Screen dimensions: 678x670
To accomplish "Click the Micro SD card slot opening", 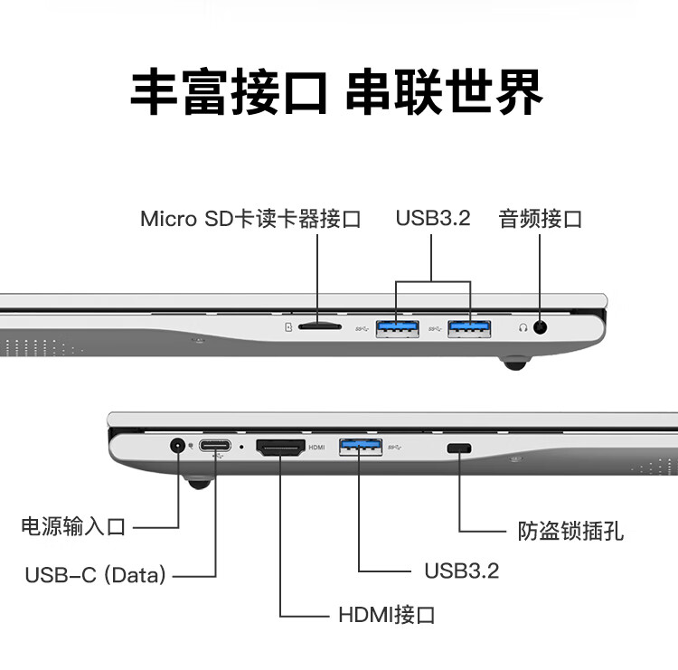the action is pyautogui.click(x=320, y=327).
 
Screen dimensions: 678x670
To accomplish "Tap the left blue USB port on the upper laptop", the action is pyautogui.click(x=397, y=329).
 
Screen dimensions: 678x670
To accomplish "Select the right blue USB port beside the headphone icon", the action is pyautogui.click(x=469, y=329).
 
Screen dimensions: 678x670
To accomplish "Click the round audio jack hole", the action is pyautogui.click(x=540, y=327).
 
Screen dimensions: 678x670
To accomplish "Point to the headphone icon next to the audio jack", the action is pyautogui.click(x=523, y=327).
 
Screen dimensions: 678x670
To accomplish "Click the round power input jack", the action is pyautogui.click(x=177, y=445).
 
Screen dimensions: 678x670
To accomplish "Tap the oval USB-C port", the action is pyautogui.click(x=215, y=445).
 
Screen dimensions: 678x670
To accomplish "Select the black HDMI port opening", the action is pyautogui.click(x=280, y=448).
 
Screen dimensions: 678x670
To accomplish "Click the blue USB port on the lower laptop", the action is pyautogui.click(x=361, y=447).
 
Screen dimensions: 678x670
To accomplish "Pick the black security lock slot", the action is pyautogui.click(x=459, y=448).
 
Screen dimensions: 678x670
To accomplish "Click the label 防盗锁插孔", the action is pyautogui.click(x=570, y=531).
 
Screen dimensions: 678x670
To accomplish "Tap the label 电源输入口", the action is pyautogui.click(x=73, y=526).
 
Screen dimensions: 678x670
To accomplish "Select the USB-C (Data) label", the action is pyautogui.click(x=96, y=575).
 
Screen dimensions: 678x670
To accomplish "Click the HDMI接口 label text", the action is pyautogui.click(x=387, y=615).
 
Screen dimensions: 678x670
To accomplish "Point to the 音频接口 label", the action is pyautogui.click(x=540, y=219).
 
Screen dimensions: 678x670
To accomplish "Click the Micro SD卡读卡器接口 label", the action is pyautogui.click(x=250, y=219).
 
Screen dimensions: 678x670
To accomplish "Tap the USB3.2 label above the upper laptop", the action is pyautogui.click(x=433, y=218).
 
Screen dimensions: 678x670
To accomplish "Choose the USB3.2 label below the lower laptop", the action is pyautogui.click(x=462, y=571).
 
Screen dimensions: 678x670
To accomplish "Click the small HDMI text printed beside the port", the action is pyautogui.click(x=316, y=448).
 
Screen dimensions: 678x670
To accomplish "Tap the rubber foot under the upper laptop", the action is pyautogui.click(x=515, y=363).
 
